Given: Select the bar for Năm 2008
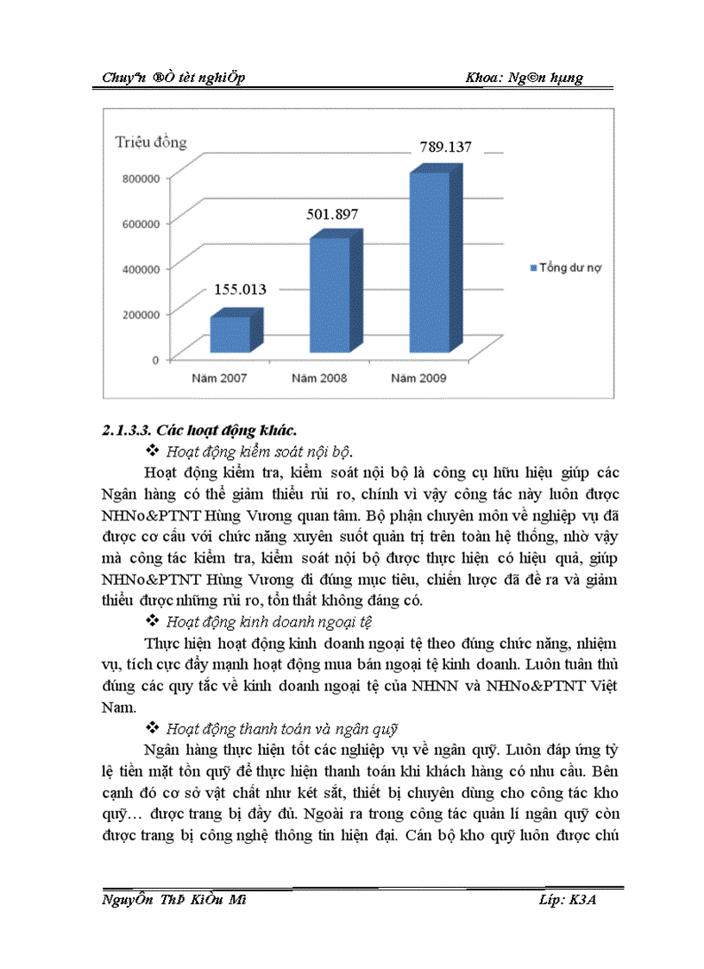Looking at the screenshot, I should pyautogui.click(x=330, y=294).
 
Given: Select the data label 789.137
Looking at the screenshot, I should pyautogui.click(x=445, y=147).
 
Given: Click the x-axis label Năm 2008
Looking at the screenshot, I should pyautogui.click(x=319, y=378).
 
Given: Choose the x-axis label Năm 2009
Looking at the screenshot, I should pyautogui.click(x=418, y=378).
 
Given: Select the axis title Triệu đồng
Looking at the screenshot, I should pyautogui.click(x=151, y=142).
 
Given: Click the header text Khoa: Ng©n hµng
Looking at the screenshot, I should pyautogui.click(x=524, y=78).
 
